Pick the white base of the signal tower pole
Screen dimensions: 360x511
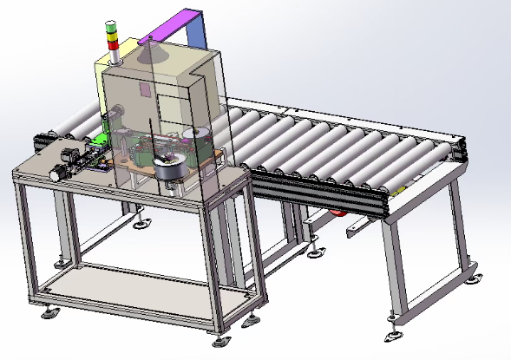(110, 55)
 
